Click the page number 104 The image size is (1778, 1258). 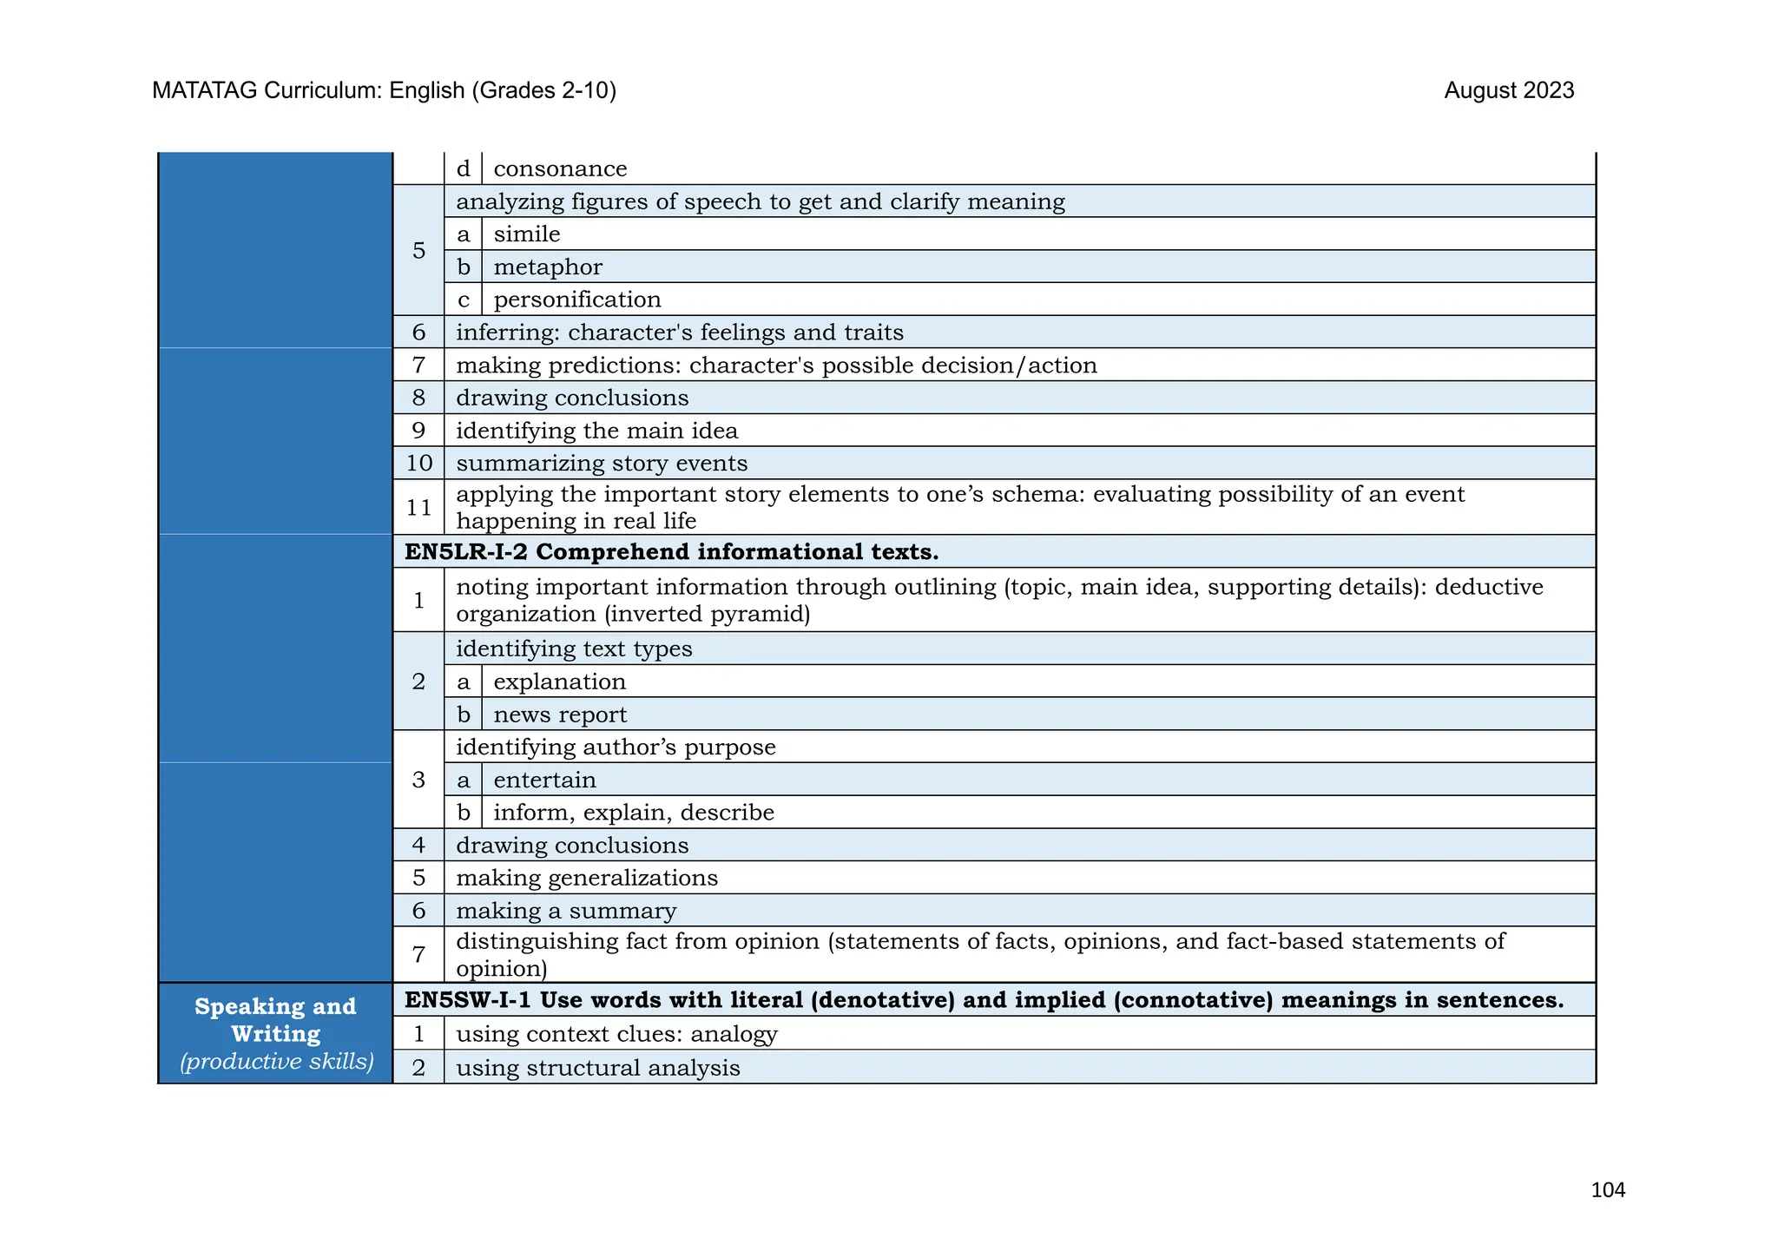[1607, 1190]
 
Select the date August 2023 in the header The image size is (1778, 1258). [1509, 90]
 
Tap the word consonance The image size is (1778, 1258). [560, 168]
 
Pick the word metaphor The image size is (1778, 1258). [548, 267]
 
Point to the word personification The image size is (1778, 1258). [577, 300]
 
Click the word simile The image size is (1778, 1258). [527, 234]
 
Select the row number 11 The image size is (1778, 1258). [418, 507]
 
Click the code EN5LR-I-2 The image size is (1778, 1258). [466, 552]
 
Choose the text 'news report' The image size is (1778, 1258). [560, 715]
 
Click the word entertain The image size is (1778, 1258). [544, 780]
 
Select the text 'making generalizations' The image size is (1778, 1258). [587, 878]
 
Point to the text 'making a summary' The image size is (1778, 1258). [566, 911]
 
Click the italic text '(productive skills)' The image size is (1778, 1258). [276, 1062]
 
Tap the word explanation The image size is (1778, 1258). [559, 682]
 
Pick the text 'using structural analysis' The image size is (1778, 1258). [598, 1068]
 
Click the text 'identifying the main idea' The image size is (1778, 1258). [596, 431]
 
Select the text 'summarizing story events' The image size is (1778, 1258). [602, 464]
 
